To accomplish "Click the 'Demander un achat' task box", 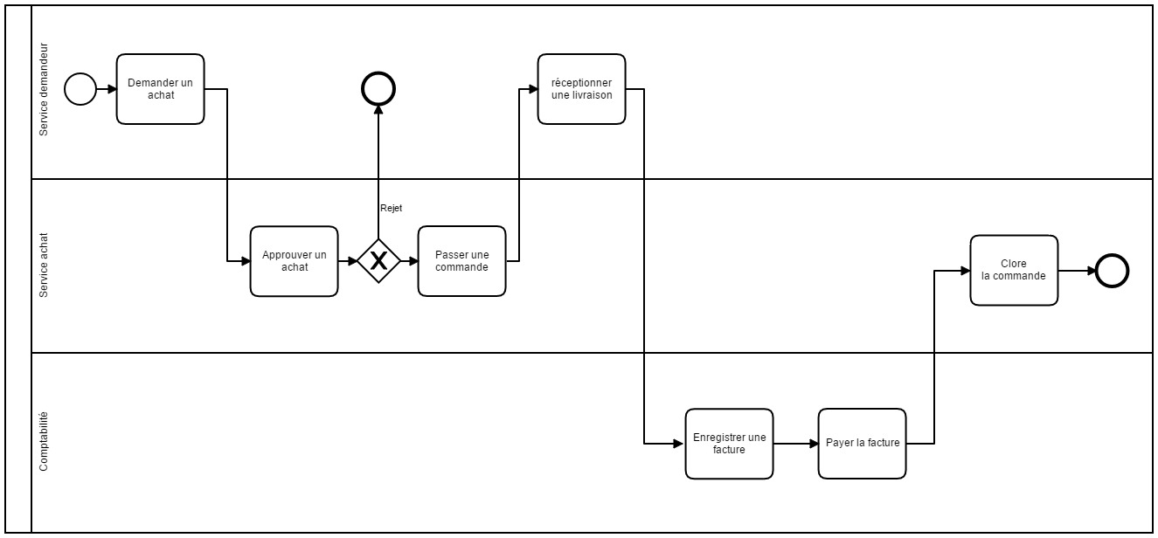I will pyautogui.click(x=161, y=89).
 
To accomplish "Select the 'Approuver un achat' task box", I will pyautogui.click(x=294, y=261).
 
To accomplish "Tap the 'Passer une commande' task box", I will pyautogui.click(x=461, y=261).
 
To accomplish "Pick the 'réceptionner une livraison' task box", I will pyautogui.click(x=581, y=89).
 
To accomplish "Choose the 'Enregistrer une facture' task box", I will pyautogui.click(x=729, y=444).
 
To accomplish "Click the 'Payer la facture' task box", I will pyautogui.click(x=862, y=444).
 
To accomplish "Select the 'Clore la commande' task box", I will pyautogui.click(x=1014, y=270).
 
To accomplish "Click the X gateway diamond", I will pyautogui.click(x=378, y=261).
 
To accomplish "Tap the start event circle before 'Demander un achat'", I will pyautogui.click(x=80, y=89).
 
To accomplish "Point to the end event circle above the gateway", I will pyautogui.click(x=378, y=88).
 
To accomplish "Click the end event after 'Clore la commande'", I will pyautogui.click(x=1112, y=271).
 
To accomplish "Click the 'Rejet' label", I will pyautogui.click(x=391, y=208).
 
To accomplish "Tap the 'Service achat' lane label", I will pyautogui.click(x=45, y=266).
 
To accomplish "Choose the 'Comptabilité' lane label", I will pyautogui.click(x=45, y=442).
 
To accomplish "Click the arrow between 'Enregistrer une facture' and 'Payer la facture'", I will pyautogui.click(x=795, y=444).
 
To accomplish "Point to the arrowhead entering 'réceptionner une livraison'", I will pyautogui.click(x=532, y=89).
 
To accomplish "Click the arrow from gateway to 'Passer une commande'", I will pyautogui.click(x=409, y=261).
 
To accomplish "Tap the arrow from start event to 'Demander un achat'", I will pyautogui.click(x=107, y=89).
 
